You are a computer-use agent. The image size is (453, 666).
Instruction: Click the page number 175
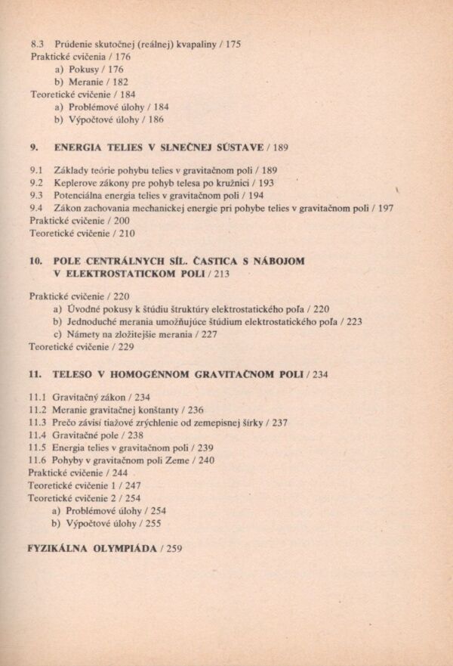(233, 45)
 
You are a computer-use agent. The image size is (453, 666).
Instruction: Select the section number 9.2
(36, 182)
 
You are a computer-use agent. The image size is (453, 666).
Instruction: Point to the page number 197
(385, 208)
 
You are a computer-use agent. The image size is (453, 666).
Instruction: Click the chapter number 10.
(36, 261)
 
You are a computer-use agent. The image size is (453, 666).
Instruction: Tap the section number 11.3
(37, 422)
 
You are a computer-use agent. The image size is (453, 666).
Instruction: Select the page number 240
(206, 460)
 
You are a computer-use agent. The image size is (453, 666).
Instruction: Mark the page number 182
(120, 82)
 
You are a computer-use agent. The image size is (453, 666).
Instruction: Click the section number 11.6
(37, 460)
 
